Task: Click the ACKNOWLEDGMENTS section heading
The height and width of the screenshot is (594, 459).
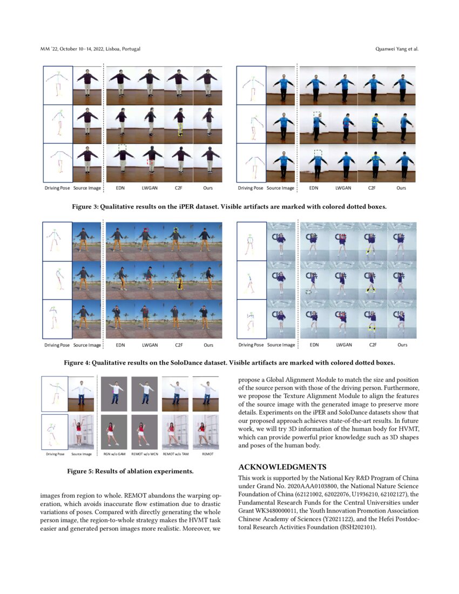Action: pyautogui.click(x=282, y=467)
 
